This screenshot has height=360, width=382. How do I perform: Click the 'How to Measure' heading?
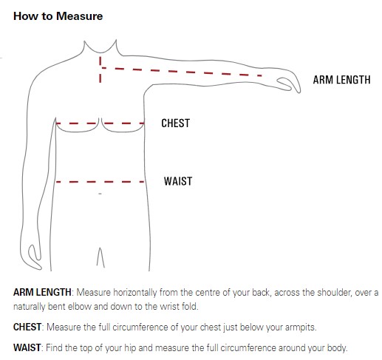coord(58,16)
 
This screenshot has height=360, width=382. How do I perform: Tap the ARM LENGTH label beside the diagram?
coord(341,80)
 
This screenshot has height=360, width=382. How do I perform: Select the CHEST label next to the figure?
coord(176,123)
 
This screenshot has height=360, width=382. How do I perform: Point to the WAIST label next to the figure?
coord(178,181)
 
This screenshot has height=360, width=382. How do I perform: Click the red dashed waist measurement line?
coord(100,182)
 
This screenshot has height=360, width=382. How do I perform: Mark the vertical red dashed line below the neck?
coord(100,69)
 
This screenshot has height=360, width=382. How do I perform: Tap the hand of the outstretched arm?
coord(289,83)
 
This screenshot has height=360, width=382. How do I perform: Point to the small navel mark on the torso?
coord(100,194)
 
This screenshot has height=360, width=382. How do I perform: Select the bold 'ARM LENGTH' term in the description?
coord(42,292)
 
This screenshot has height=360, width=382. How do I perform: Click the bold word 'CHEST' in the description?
coord(27,327)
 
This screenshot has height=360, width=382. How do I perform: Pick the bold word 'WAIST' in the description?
coord(27,347)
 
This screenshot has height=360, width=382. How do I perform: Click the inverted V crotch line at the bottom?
coord(100,257)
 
